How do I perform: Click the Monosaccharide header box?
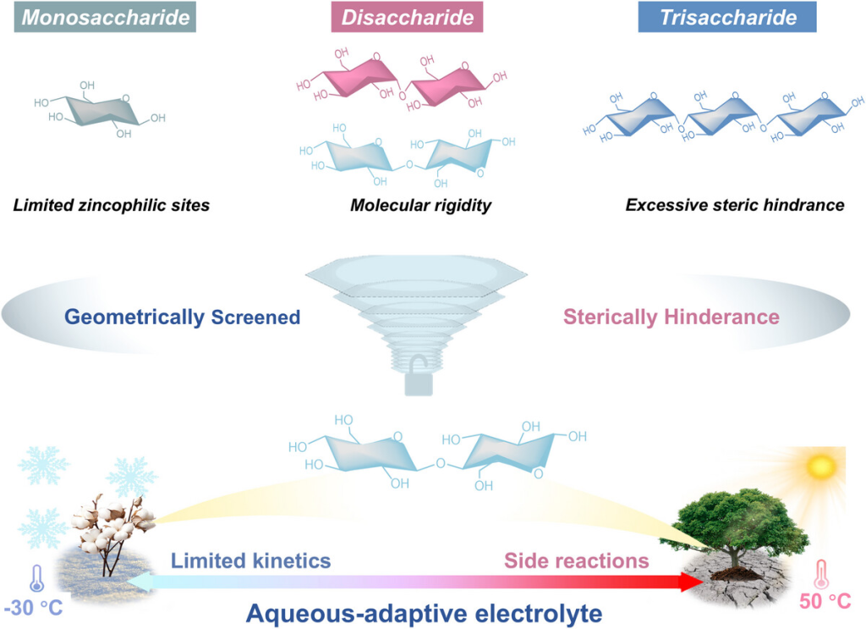point(105,17)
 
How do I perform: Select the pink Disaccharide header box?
point(408,17)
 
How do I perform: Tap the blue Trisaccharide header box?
point(727,17)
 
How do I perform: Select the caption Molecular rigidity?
point(421,205)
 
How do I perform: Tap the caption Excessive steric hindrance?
point(734,205)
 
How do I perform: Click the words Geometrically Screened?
point(182,317)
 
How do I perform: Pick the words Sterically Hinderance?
point(671,317)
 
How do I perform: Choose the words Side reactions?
point(577,560)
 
